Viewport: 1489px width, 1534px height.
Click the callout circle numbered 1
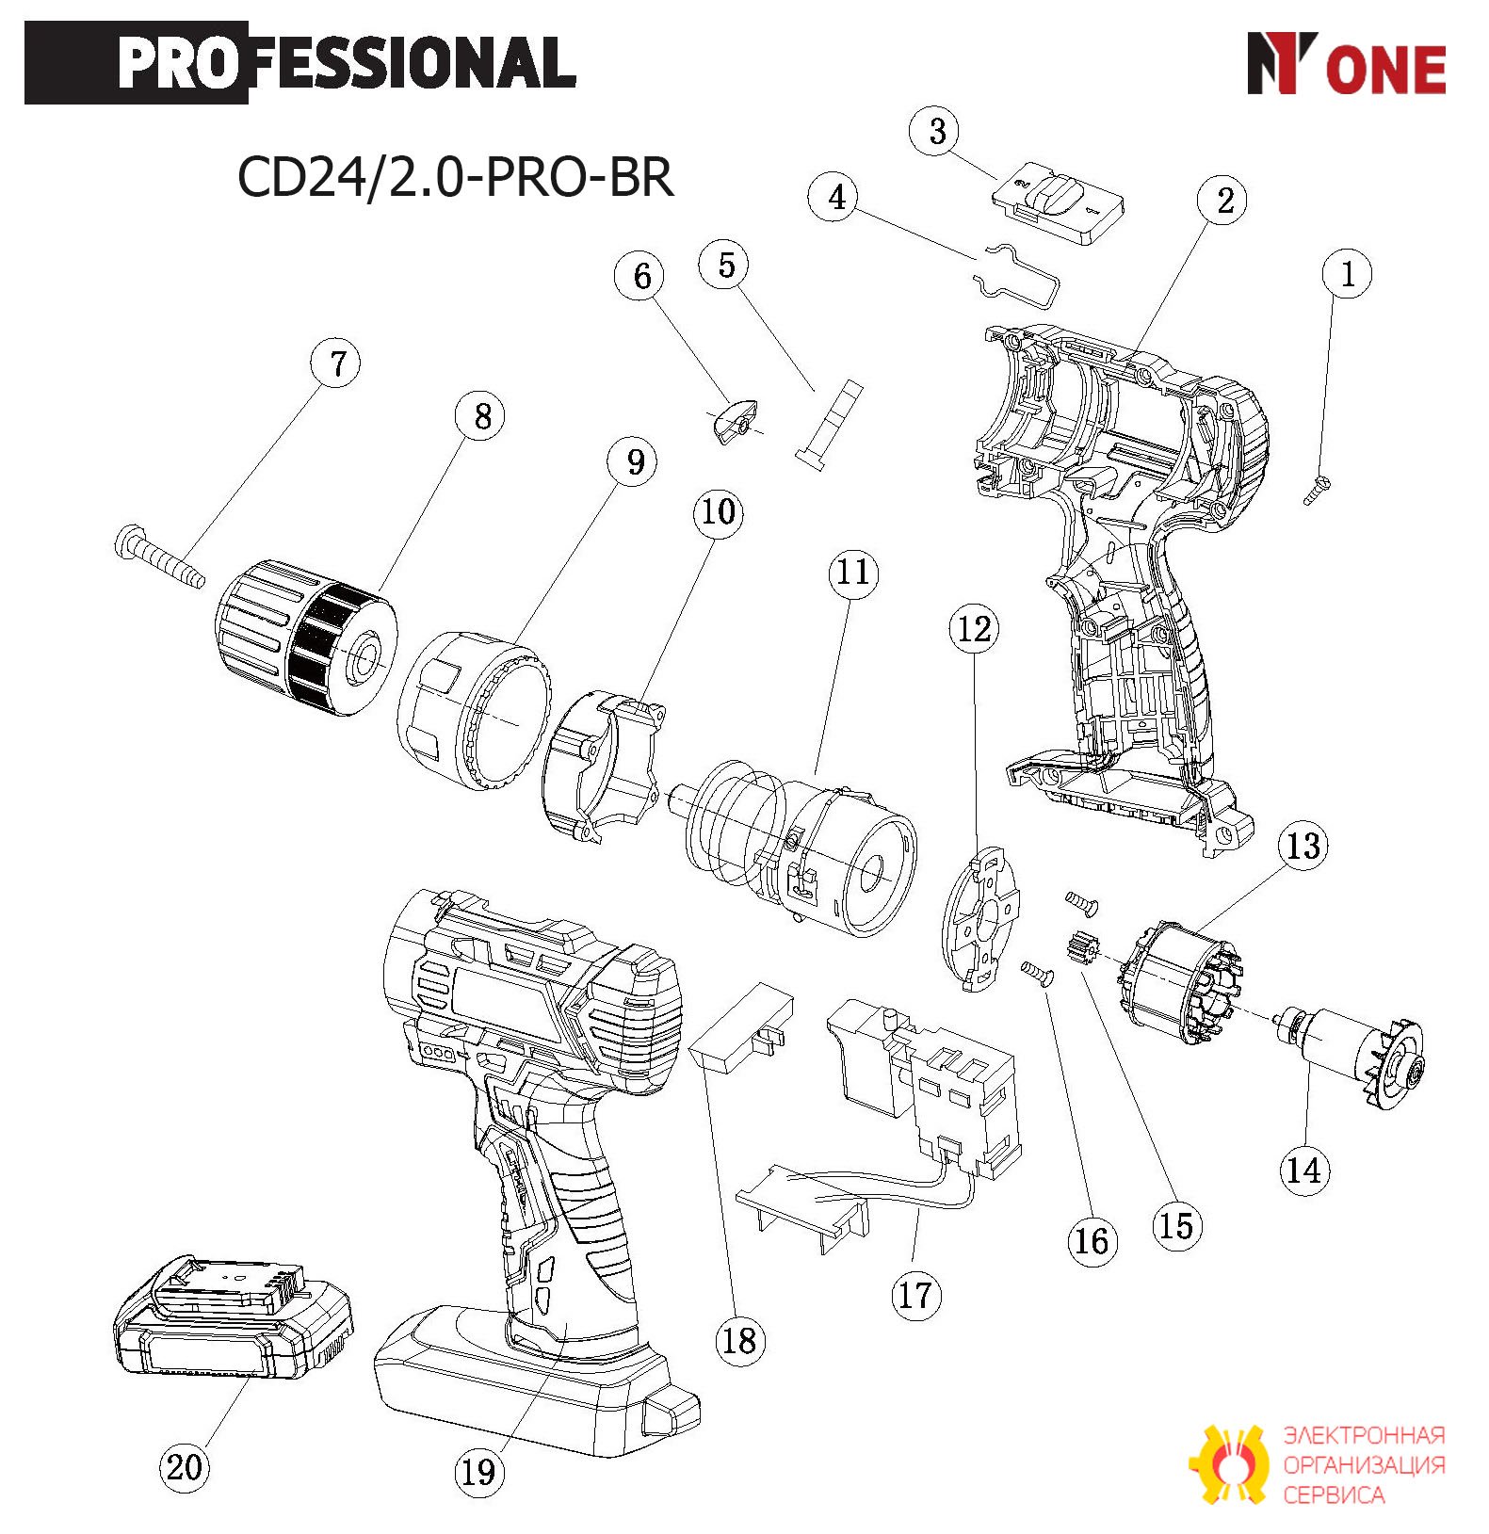(x=1347, y=274)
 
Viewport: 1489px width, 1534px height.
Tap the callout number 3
(x=936, y=132)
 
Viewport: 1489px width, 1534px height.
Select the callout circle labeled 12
(x=974, y=629)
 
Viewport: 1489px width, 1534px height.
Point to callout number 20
(x=184, y=1466)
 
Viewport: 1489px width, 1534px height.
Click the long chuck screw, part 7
(x=159, y=557)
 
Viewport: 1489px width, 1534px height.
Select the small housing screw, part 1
(x=1317, y=491)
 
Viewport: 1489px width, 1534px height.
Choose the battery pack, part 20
(x=233, y=1318)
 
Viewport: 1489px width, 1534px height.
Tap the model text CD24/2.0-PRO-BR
(x=456, y=177)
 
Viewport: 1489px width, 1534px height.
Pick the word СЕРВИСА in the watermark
(x=1334, y=1494)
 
